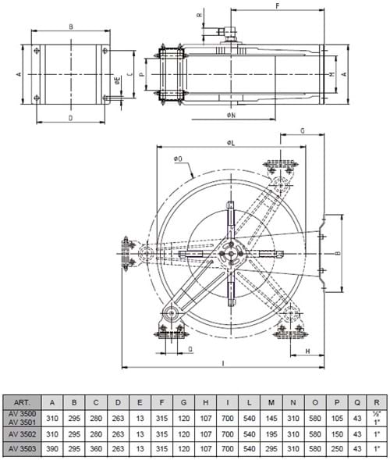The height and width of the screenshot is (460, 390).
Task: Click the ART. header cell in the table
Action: coord(25,402)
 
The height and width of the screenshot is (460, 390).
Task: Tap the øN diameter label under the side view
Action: coord(232,116)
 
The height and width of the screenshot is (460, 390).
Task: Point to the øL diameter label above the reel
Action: coord(232,142)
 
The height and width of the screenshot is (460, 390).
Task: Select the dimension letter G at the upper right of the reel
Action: coord(302,132)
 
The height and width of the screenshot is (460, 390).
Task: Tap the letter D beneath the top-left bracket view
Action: coord(70,118)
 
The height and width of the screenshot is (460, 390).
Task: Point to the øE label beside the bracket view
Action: coord(117,80)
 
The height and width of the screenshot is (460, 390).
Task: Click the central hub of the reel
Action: coord(232,252)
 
